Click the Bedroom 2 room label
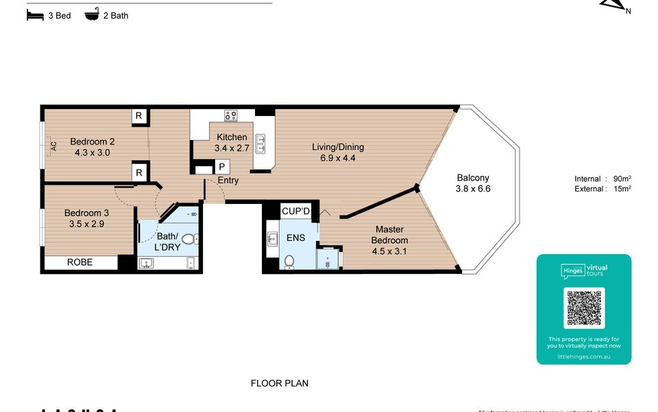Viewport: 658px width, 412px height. click(92, 147)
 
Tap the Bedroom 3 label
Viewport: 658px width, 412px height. click(86, 218)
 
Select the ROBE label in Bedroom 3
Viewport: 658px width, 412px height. click(80, 262)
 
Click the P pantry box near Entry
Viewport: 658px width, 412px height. click(221, 167)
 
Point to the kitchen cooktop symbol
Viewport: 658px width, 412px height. click(231, 116)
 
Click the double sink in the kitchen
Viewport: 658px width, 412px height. click(261, 144)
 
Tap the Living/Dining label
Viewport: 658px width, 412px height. click(338, 152)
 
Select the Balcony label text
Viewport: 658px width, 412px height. click(472, 183)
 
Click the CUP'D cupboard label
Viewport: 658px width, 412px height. click(296, 211)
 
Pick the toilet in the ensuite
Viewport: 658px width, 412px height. click(289, 262)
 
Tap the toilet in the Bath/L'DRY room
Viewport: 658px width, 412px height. click(188, 239)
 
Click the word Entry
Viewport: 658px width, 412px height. click(228, 181)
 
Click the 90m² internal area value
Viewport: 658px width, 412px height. click(622, 179)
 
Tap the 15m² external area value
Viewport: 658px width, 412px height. click(622, 189)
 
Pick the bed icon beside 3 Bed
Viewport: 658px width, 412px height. click(34, 15)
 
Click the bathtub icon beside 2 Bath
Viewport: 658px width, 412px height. click(91, 14)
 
